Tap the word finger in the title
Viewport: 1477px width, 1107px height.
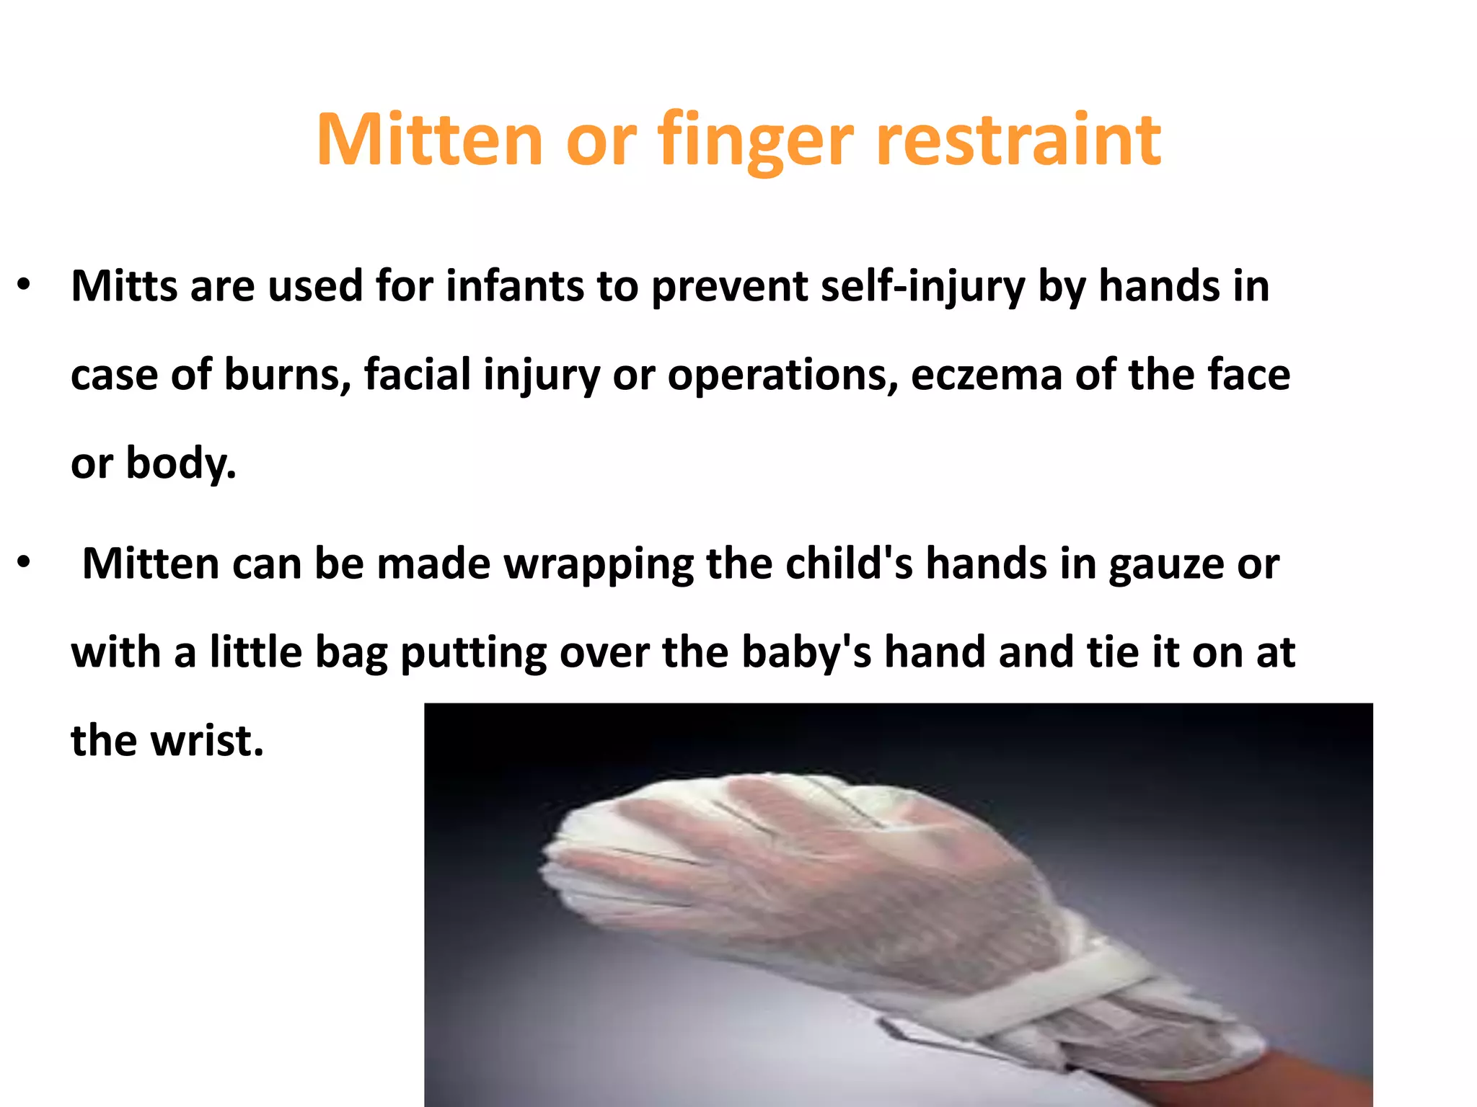[x=755, y=141]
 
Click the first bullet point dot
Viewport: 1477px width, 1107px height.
[x=24, y=285]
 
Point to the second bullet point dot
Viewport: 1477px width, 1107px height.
[x=24, y=563]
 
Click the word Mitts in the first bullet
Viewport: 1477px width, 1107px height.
[x=124, y=286]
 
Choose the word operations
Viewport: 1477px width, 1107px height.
[x=782, y=376]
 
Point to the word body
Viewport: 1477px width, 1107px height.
[x=181, y=463]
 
